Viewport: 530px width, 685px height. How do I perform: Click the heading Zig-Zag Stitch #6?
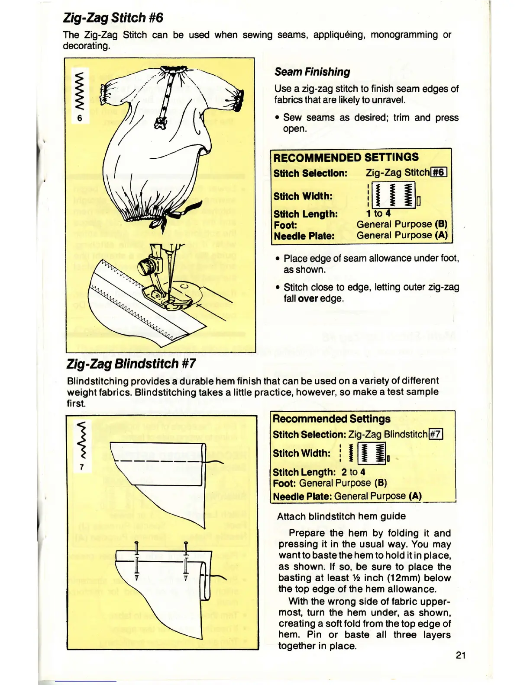[x=113, y=18]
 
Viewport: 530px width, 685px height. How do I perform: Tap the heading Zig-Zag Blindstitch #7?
[x=131, y=364]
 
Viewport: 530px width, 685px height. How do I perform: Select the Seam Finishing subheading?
[x=312, y=72]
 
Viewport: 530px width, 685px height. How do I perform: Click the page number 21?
[x=461, y=655]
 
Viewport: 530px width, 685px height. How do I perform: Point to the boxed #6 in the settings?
[x=438, y=173]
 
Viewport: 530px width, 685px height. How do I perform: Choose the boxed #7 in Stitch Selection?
[x=436, y=434]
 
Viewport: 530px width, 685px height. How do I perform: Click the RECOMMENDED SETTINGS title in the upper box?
[x=346, y=157]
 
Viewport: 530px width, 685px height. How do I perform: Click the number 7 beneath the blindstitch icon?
[x=81, y=467]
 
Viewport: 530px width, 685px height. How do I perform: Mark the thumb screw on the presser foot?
[x=145, y=267]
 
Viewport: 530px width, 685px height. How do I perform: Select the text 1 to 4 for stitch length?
[x=378, y=213]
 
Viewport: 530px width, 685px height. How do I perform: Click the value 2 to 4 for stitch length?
[x=353, y=472]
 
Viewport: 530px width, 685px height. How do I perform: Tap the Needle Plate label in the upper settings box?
[x=304, y=236]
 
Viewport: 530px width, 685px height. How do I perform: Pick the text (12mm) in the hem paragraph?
[x=406, y=578]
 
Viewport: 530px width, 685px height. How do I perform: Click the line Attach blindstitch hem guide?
[x=341, y=516]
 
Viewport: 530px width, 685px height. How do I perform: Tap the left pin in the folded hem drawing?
[x=136, y=560]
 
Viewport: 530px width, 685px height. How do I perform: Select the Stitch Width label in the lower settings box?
[x=301, y=453]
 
